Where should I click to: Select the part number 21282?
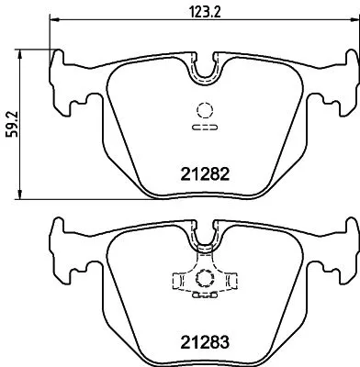202,172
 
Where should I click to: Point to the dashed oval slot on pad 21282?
203,128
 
